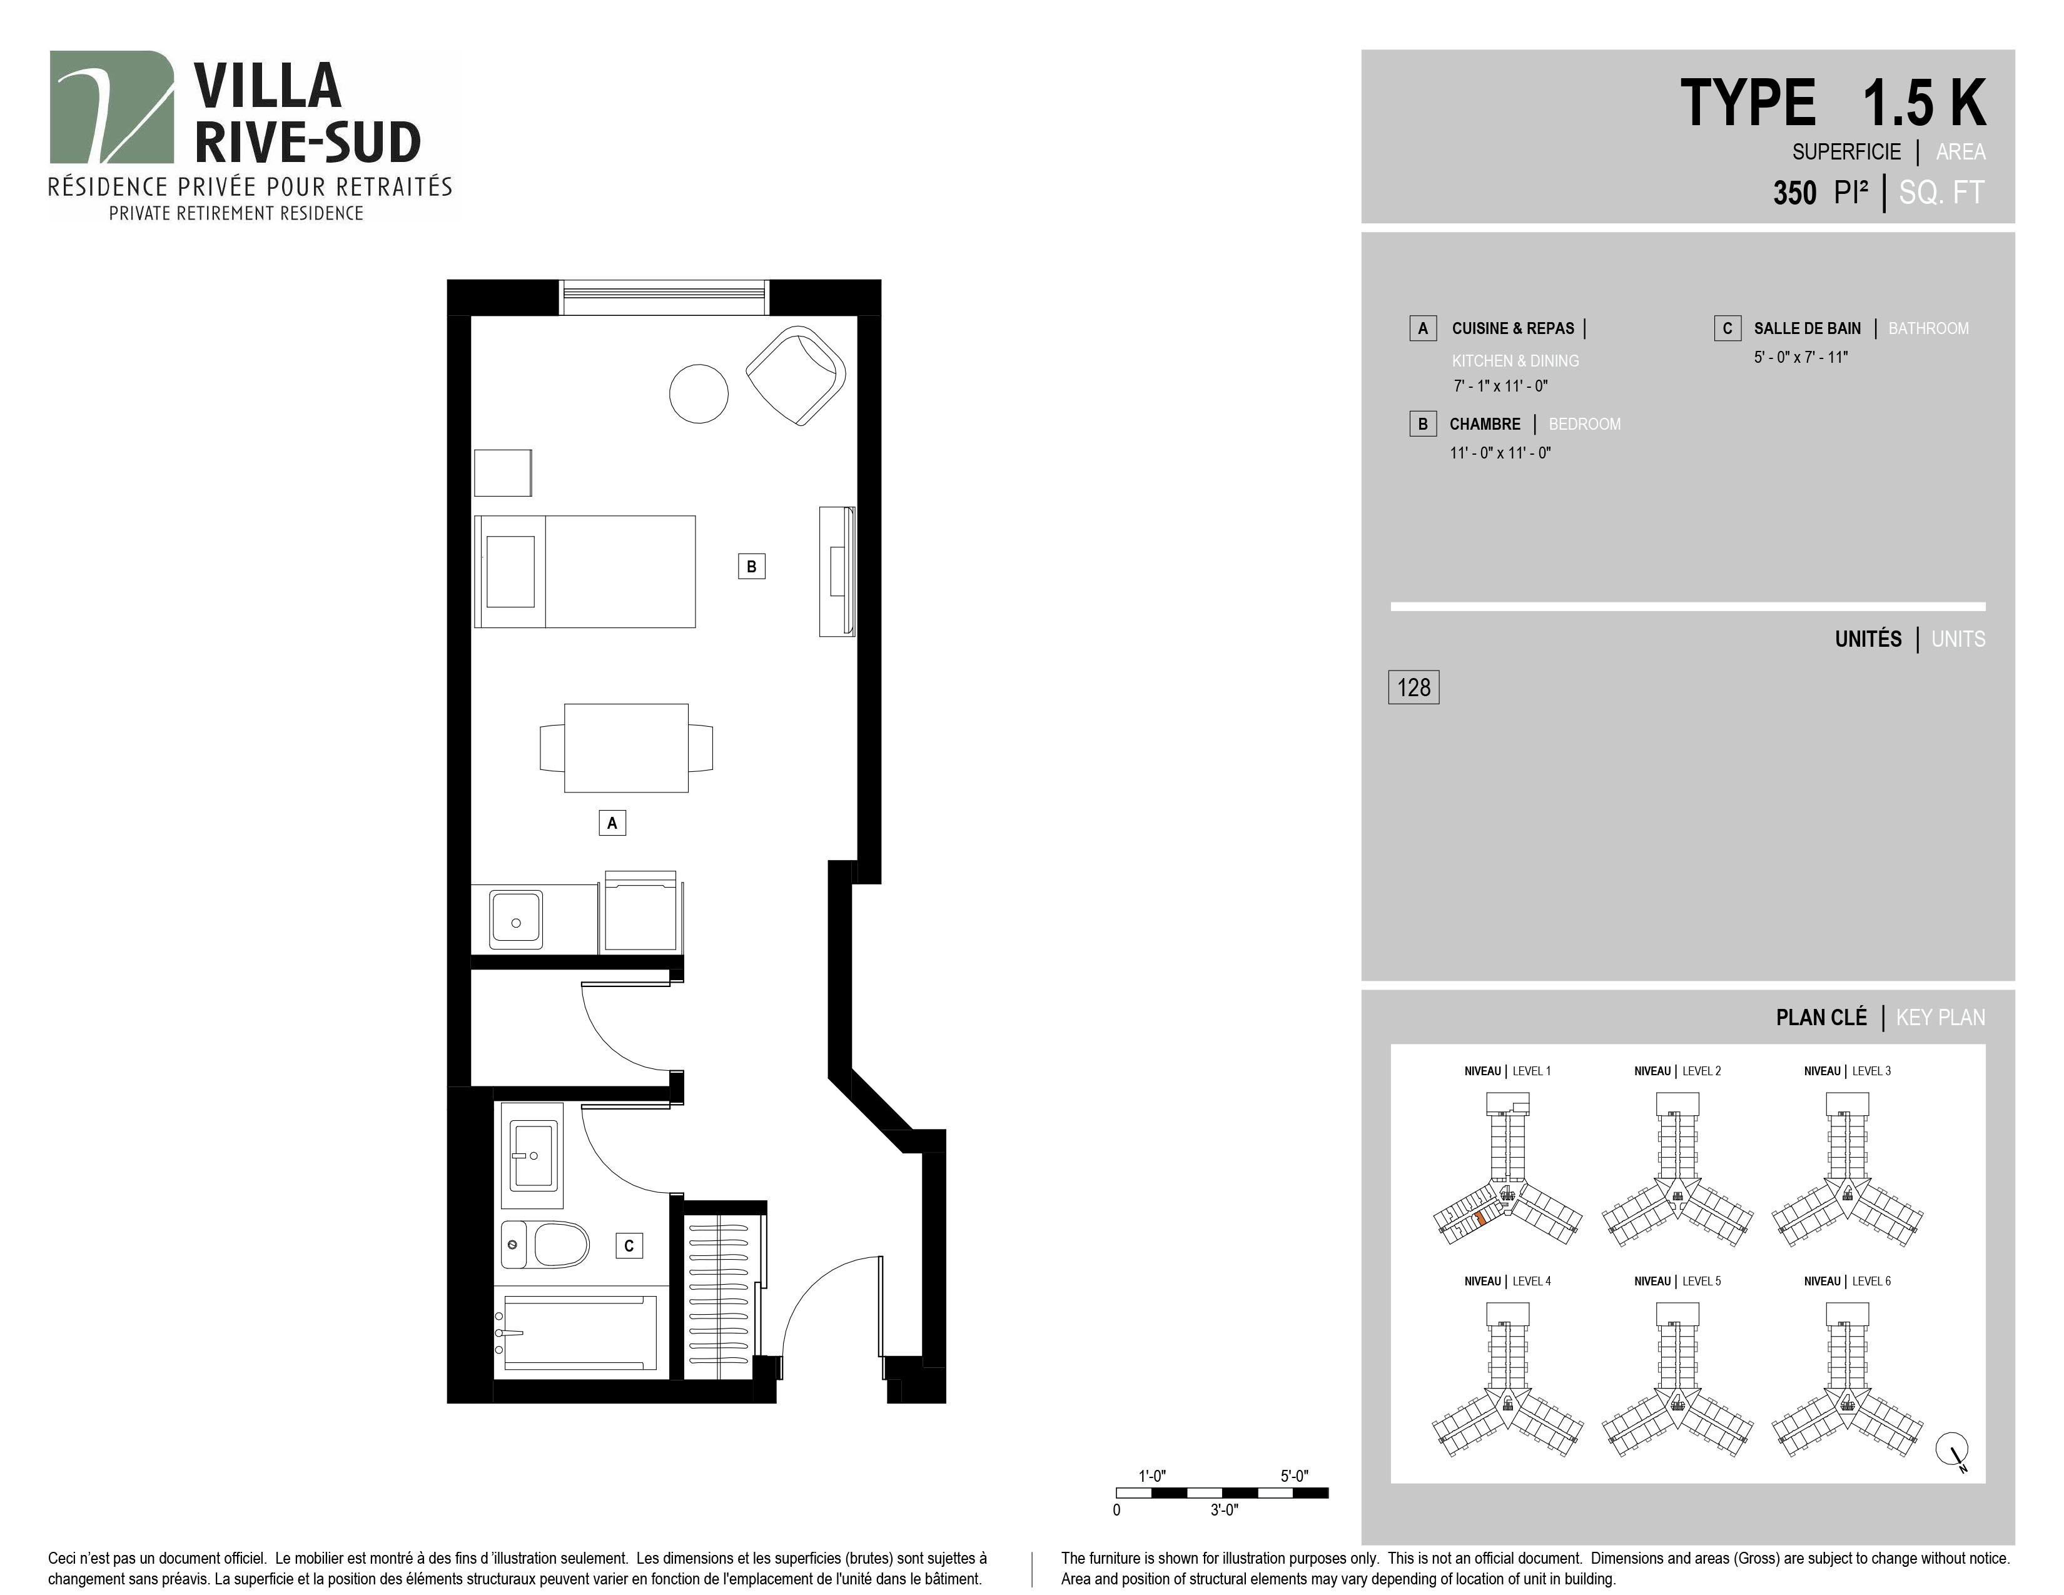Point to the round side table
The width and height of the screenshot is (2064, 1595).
[699, 393]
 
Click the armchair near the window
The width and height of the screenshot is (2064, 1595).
[796, 375]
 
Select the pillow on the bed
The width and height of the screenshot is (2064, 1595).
[510, 572]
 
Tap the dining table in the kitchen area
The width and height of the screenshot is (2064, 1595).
[625, 747]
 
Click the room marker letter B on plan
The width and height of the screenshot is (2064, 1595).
[751, 566]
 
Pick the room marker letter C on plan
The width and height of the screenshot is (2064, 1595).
[629, 1245]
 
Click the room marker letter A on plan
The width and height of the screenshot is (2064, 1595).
[612, 823]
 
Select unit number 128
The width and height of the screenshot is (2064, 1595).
[1414, 687]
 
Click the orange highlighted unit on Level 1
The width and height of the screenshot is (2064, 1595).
[1480, 1219]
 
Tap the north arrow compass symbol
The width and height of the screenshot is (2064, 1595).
[1953, 1451]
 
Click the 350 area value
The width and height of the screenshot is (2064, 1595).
[1794, 193]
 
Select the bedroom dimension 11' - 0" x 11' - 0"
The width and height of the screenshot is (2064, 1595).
[1500, 453]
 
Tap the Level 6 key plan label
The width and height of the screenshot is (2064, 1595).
[1846, 1281]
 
